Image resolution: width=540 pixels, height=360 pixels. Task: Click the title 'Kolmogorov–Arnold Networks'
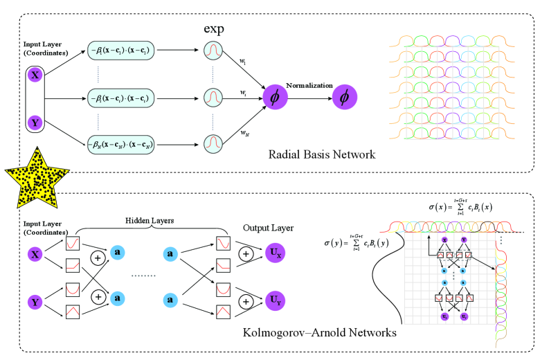(321, 333)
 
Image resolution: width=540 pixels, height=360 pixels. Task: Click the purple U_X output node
(275, 254)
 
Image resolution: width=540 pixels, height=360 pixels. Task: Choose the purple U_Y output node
(275, 301)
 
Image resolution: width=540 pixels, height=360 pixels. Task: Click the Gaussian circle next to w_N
(213, 143)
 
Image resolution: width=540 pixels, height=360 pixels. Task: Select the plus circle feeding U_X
(245, 254)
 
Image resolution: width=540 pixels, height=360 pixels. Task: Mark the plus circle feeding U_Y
(245, 301)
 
